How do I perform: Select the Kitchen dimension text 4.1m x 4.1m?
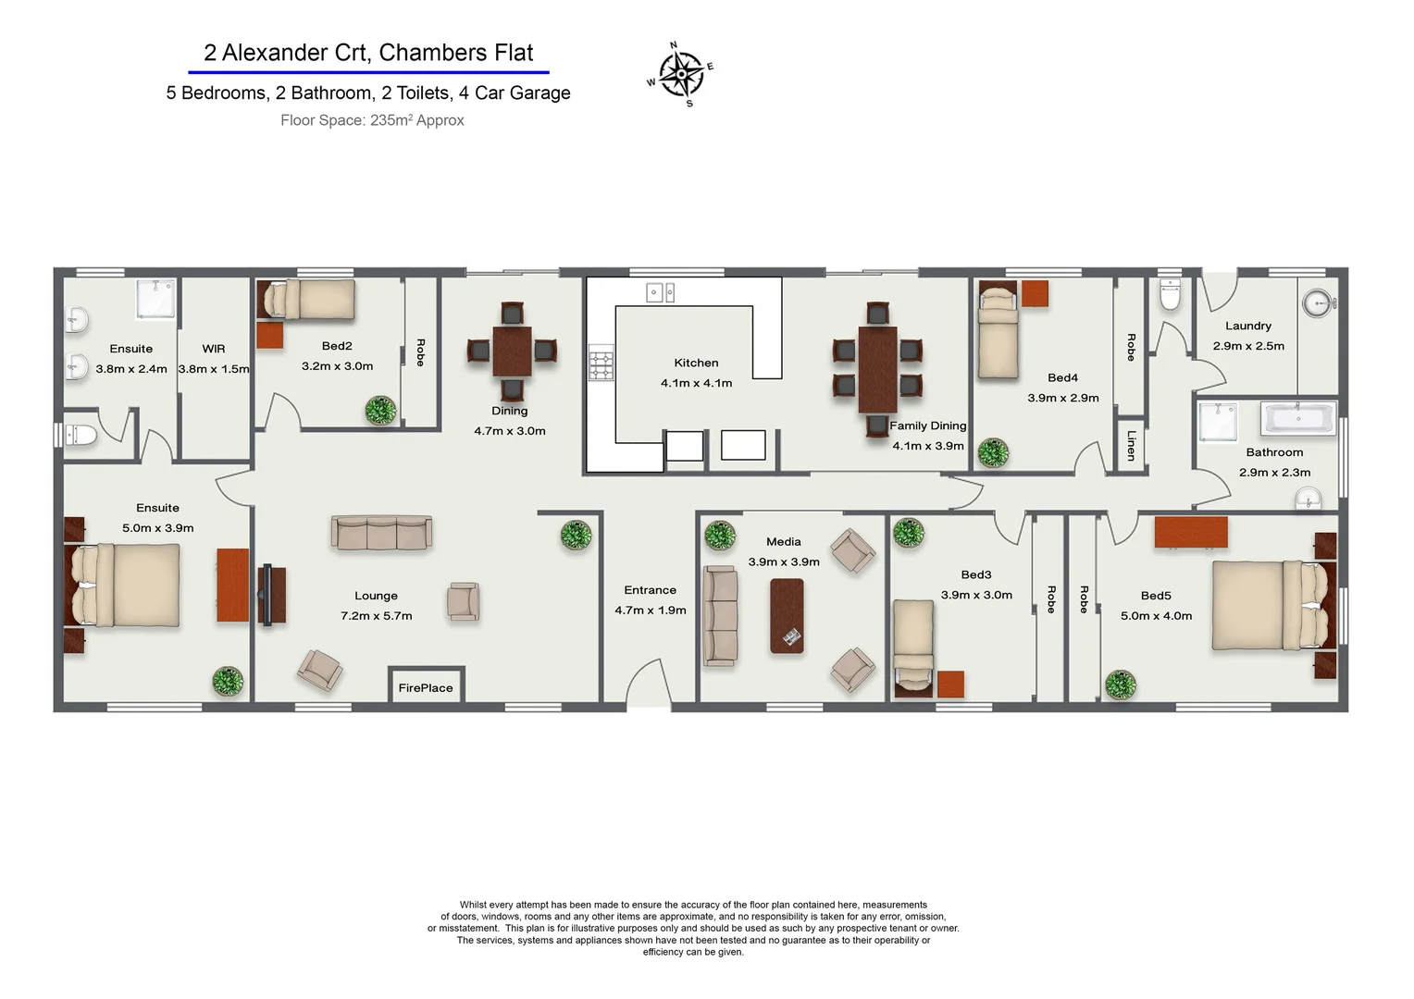coord(696,383)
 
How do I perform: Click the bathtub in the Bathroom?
coord(1297,418)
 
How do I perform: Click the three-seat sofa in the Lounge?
coord(381,533)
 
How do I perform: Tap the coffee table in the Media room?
coord(787,616)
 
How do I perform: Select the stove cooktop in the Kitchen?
coord(602,364)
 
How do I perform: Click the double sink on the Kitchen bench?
coord(660,293)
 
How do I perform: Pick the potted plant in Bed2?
coord(380,410)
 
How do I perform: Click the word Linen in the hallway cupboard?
coord(1131,445)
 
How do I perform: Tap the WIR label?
coord(214,349)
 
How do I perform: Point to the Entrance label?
coord(650,590)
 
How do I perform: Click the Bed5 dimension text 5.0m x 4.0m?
coord(1156,616)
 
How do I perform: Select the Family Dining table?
coord(877,370)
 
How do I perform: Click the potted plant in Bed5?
coord(1120,685)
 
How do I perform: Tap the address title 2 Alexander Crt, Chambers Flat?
coord(368,53)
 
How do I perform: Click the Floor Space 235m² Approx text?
coord(372,120)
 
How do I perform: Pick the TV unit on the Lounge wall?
coord(271,596)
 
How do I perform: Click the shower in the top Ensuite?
coord(155,299)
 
